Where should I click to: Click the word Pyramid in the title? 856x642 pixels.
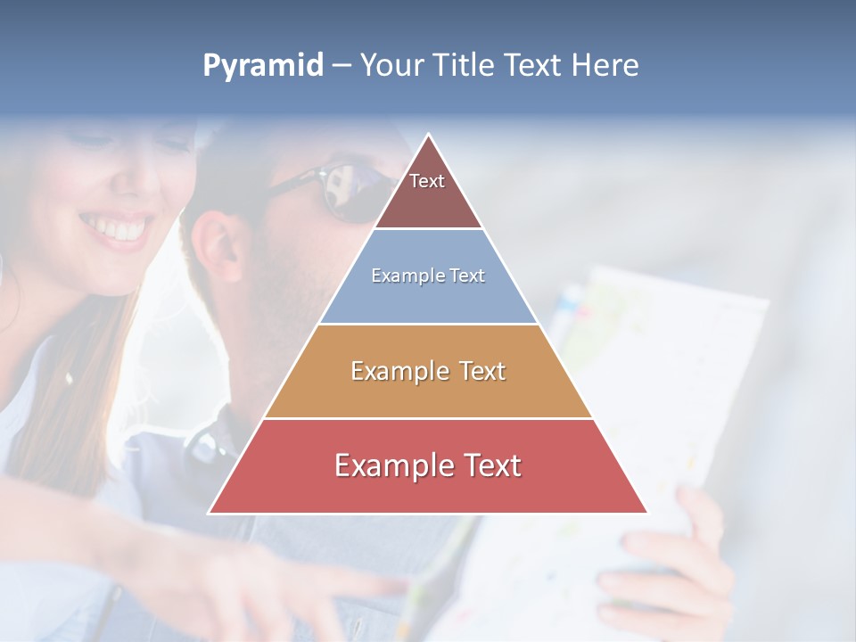262,66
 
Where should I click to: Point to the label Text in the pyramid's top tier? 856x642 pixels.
427,181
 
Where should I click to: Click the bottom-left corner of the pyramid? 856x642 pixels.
210,513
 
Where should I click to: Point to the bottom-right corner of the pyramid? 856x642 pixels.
647,513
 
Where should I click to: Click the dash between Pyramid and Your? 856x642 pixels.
342,66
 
